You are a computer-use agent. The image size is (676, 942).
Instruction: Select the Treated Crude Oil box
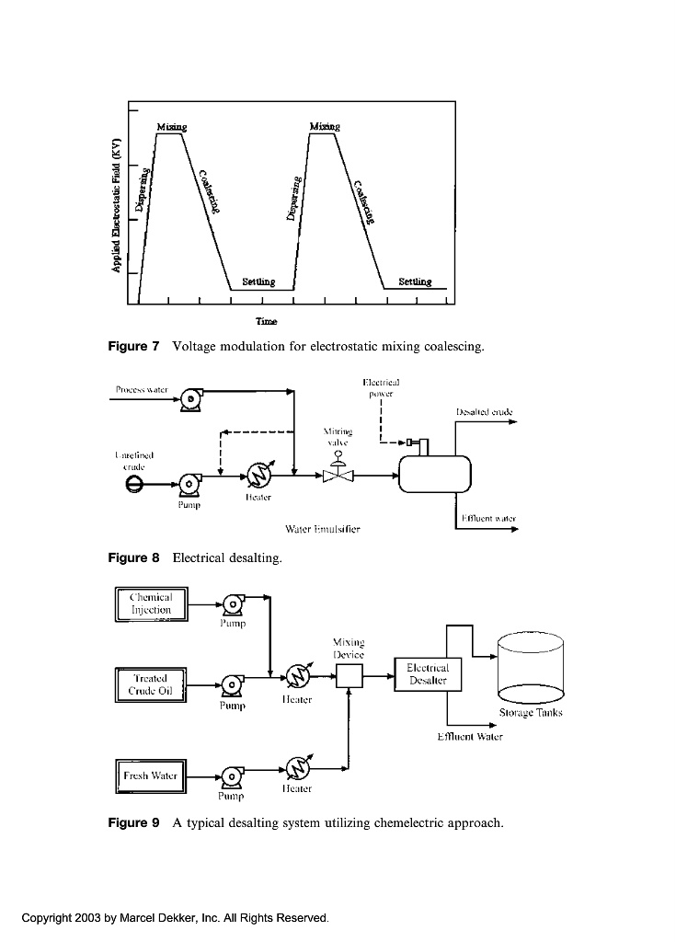click(151, 684)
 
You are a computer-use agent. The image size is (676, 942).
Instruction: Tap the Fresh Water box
click(151, 775)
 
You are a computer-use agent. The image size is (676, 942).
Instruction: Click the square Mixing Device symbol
click(348, 677)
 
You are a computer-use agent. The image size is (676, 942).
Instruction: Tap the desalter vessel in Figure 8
click(434, 475)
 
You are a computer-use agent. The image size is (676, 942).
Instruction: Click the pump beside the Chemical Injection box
click(232, 604)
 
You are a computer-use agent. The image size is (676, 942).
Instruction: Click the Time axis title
click(267, 322)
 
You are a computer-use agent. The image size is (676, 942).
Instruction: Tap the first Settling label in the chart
click(258, 281)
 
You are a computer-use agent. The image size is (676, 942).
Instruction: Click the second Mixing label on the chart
click(325, 126)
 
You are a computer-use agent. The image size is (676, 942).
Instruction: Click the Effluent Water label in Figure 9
click(470, 737)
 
